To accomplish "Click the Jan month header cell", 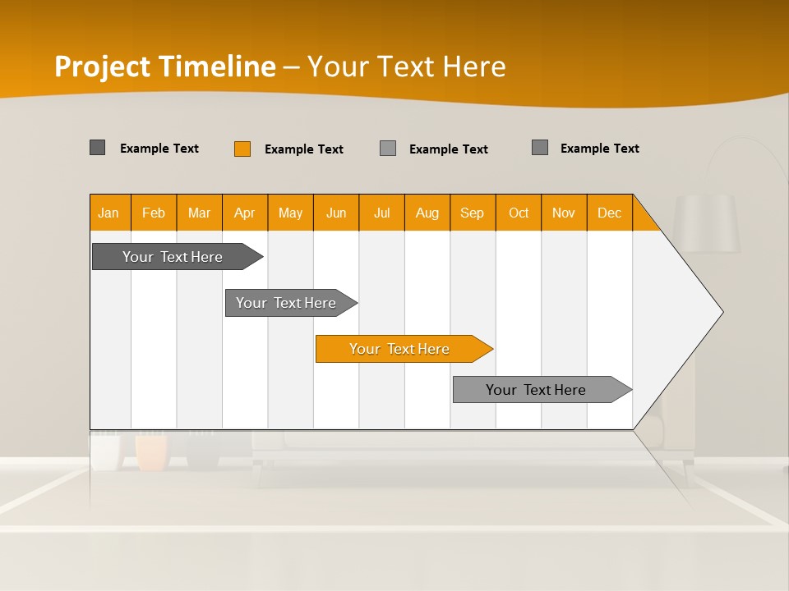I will coord(109,213).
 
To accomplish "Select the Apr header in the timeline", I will coord(245,213).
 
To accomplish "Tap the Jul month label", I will coord(381,213).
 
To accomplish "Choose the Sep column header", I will coord(472,213).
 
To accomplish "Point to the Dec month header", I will coord(609,213).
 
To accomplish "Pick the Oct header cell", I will coord(519,213).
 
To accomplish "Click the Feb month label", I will coord(154,213).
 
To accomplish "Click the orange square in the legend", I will coord(242,149).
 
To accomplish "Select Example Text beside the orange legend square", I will coord(303,149).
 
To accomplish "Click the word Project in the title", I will coord(103,66).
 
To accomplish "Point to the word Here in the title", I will coord(474,66).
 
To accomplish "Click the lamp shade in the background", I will coord(707,223).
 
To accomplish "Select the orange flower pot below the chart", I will coord(152,452).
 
